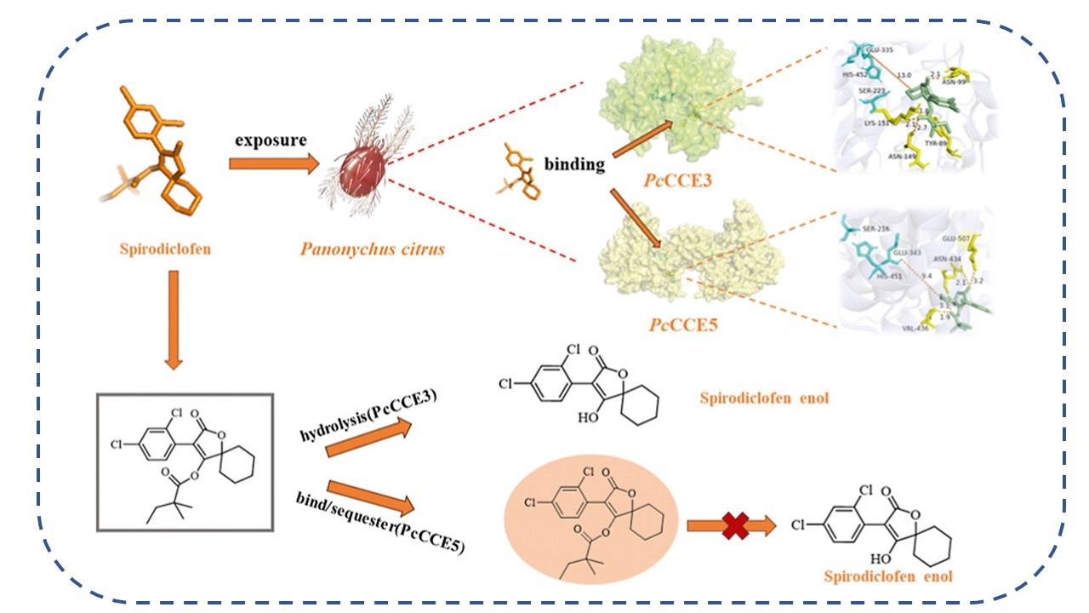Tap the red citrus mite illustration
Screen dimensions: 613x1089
click(x=363, y=175)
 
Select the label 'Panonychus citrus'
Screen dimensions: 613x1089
click(x=372, y=250)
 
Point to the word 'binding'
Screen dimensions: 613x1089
click(x=575, y=164)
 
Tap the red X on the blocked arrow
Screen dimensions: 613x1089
click(x=732, y=526)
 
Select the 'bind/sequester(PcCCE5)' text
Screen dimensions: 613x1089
click(x=381, y=523)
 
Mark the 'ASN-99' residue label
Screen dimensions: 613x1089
click(x=952, y=85)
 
